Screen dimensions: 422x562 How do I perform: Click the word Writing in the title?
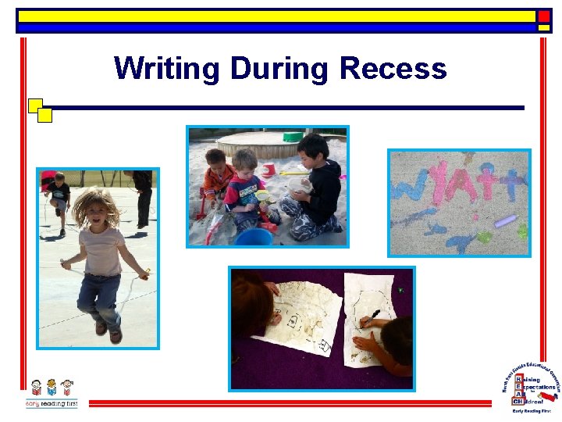pyautogui.click(x=166, y=69)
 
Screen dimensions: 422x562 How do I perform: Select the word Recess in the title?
pyautogui.click(x=393, y=69)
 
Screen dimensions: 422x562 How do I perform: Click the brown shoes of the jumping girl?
pyautogui.click(x=108, y=331)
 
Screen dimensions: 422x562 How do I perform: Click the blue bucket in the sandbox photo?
pyautogui.click(x=254, y=236)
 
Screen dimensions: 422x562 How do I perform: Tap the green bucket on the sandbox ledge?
pyautogui.click(x=293, y=137)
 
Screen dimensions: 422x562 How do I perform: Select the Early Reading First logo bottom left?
pyautogui.click(x=52, y=393)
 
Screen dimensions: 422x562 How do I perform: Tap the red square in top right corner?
pyautogui.click(x=544, y=16)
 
